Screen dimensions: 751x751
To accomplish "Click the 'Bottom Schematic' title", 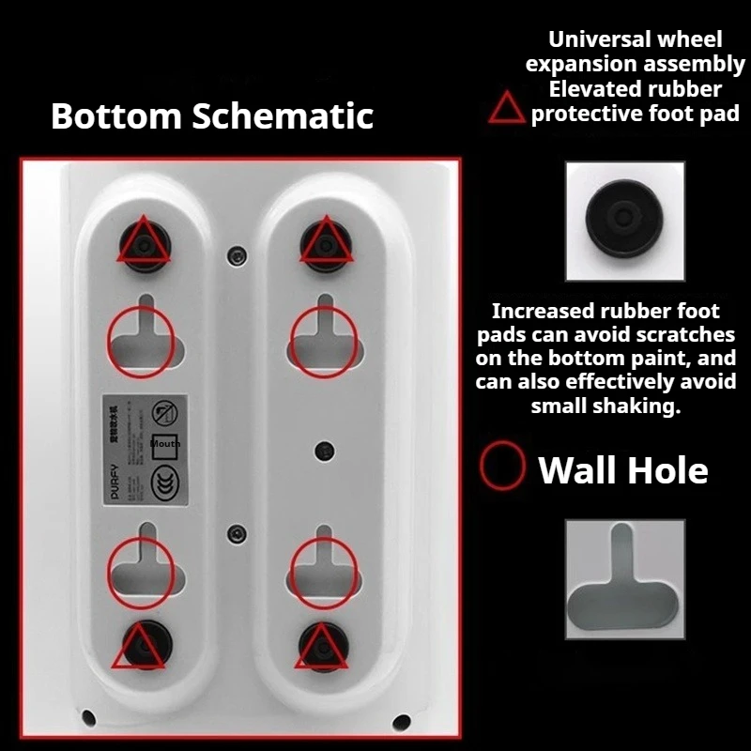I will pyautogui.click(x=212, y=115).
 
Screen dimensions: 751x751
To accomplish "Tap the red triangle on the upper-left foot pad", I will pyautogui.click(x=143, y=241).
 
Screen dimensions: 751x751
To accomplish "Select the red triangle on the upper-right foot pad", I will pyautogui.click(x=326, y=241).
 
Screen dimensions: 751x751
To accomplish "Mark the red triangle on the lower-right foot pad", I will pyautogui.click(x=323, y=647).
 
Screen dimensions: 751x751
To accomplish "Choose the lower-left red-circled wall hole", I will pyautogui.click(x=141, y=569).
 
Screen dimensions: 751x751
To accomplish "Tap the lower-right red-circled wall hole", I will pyautogui.click(x=323, y=569).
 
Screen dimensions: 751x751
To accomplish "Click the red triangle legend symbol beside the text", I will pyautogui.click(x=507, y=109).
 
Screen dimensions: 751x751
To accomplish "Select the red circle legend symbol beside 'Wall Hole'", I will pyautogui.click(x=502, y=467).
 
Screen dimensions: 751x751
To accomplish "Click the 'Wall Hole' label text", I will pyautogui.click(x=623, y=468).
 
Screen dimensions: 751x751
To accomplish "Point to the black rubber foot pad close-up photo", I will pyautogui.click(x=624, y=221).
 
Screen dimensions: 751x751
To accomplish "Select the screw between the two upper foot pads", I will pyautogui.click(x=238, y=254).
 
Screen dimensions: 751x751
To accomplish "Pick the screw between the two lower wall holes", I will pyautogui.click(x=236, y=534).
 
